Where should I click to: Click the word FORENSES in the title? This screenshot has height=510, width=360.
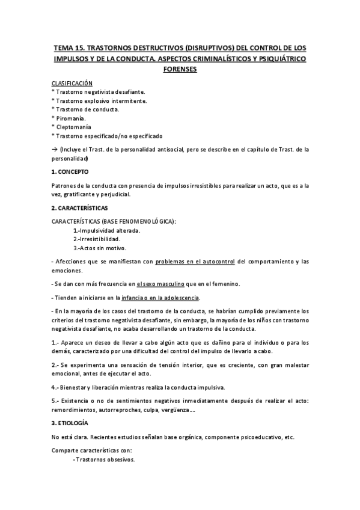(x=180, y=69)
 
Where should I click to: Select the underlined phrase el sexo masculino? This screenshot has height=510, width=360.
(x=159, y=283)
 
